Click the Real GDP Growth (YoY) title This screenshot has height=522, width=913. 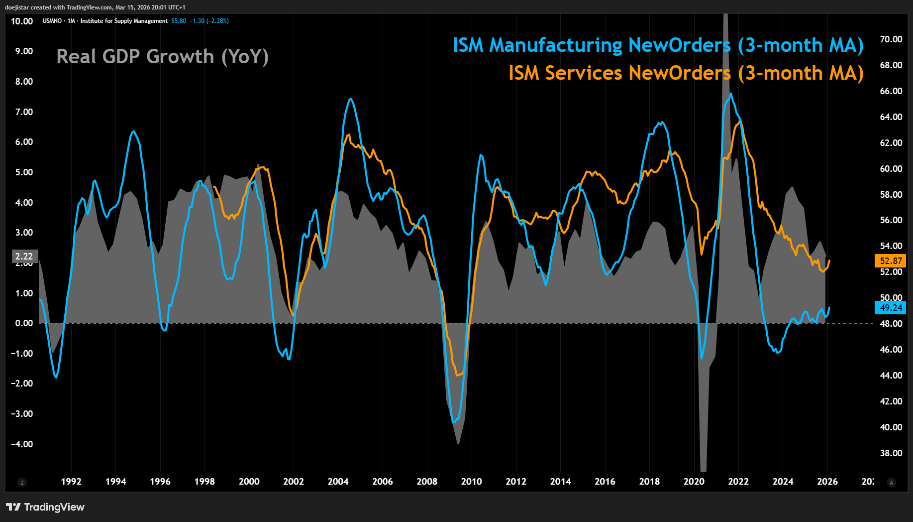tap(162, 57)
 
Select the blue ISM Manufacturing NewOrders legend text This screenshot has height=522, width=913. tap(658, 45)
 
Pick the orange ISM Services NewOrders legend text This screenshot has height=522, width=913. tap(686, 73)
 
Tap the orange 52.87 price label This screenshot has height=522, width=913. tap(890, 261)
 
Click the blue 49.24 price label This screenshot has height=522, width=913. tap(890, 308)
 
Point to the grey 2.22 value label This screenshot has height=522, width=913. tap(24, 257)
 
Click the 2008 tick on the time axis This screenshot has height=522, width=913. tap(427, 482)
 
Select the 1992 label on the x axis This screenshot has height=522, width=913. tap(71, 482)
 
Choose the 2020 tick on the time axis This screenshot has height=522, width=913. tap(694, 482)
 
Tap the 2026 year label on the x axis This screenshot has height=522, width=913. tap(827, 482)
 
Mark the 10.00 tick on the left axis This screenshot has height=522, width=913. tap(22, 21)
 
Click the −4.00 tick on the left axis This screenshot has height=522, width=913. tap(22, 444)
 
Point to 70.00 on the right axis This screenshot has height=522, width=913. tap(891, 39)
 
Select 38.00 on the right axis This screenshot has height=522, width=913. tap(891, 453)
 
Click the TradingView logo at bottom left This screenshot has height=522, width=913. tap(45, 507)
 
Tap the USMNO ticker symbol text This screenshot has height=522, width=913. tap(52, 21)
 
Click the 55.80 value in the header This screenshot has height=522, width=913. tap(179, 21)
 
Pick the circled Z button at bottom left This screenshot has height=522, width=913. tap(22, 482)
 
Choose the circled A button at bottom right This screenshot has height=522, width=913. tap(891, 482)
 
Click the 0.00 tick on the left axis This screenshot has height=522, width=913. tap(24, 323)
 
